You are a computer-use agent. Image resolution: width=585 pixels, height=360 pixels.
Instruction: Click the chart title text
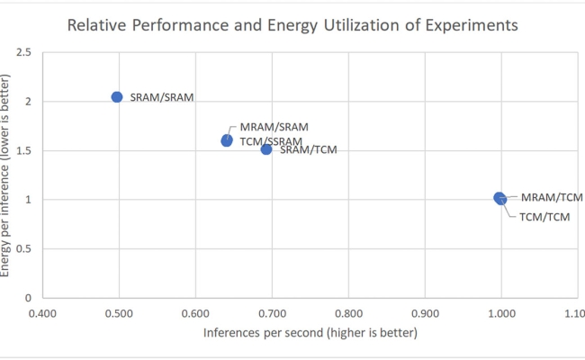pyautogui.click(x=292, y=25)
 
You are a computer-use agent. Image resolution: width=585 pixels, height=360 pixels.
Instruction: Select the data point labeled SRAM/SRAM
pyautogui.click(x=117, y=96)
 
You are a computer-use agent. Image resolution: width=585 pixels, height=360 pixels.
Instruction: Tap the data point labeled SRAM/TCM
pyautogui.click(x=266, y=148)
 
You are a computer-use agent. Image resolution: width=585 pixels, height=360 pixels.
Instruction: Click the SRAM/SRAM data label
pyautogui.click(x=163, y=96)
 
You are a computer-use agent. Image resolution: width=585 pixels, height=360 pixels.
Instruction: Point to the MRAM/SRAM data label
pyautogui.click(x=274, y=127)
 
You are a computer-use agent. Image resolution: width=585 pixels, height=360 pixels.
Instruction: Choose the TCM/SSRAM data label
pyautogui.click(x=270, y=140)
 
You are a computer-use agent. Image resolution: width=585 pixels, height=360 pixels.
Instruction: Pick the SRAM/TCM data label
pyautogui.click(x=309, y=149)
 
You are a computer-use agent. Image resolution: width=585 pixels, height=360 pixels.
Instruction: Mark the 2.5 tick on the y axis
pyautogui.click(x=24, y=53)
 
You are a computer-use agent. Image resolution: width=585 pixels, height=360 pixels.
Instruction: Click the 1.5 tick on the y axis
pyautogui.click(x=24, y=151)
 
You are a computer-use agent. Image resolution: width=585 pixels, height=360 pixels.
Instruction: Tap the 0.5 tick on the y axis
pyautogui.click(x=24, y=249)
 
